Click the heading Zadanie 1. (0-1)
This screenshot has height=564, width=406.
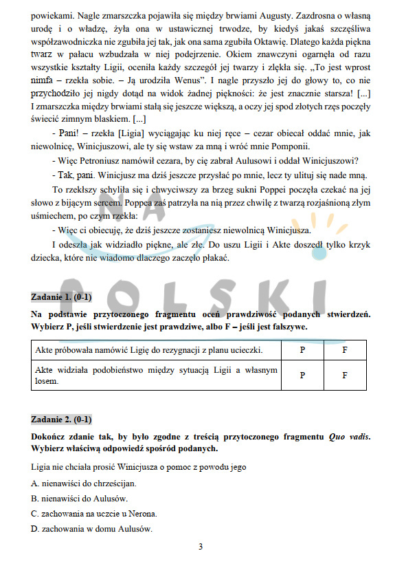coord(62,297)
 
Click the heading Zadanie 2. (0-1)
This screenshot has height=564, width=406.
coord(62,420)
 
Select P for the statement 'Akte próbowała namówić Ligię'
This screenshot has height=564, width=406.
coord(302,350)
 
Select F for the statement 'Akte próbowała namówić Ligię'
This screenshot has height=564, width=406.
coord(345,350)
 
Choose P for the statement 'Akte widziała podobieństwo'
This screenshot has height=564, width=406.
coord(302,376)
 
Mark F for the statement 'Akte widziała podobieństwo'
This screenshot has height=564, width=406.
coord(345,376)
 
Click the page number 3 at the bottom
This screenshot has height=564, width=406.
coord(201,547)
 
